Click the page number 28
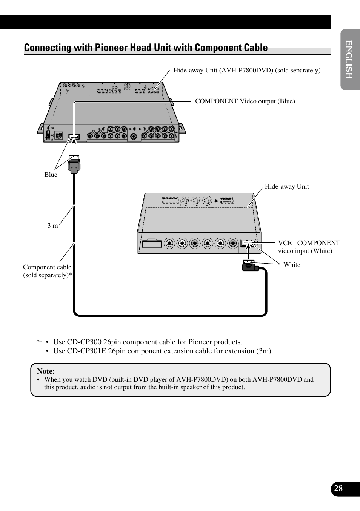[338, 488]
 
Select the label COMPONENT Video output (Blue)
[245, 101]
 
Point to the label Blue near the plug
[51, 175]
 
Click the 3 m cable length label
[53, 226]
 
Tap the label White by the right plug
[292, 265]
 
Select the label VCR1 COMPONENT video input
[309, 247]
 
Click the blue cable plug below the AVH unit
[74, 164]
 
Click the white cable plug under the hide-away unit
[249, 266]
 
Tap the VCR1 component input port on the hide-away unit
[248, 243]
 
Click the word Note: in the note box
[46, 371]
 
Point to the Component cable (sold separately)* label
[47, 271]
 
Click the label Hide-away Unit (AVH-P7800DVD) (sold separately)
[247, 70]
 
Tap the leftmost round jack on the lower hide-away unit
[170, 243]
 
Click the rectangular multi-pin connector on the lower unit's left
[152, 243]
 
